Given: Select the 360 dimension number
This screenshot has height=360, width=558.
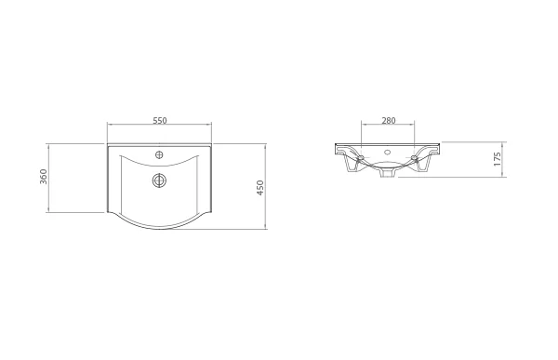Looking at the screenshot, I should click(44, 178).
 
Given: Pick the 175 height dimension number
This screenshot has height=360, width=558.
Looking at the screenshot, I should click(498, 158).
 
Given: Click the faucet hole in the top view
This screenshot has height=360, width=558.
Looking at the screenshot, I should click(159, 153).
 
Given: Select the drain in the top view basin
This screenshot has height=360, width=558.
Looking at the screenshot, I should click(159, 179).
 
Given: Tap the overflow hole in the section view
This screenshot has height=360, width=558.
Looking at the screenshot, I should click(386, 151).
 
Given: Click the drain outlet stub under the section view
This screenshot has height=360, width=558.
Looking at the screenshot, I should click(386, 172).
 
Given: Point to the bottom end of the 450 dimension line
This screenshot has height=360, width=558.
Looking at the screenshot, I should click(267, 230).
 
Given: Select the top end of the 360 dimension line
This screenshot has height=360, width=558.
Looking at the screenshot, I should click(49, 144).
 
